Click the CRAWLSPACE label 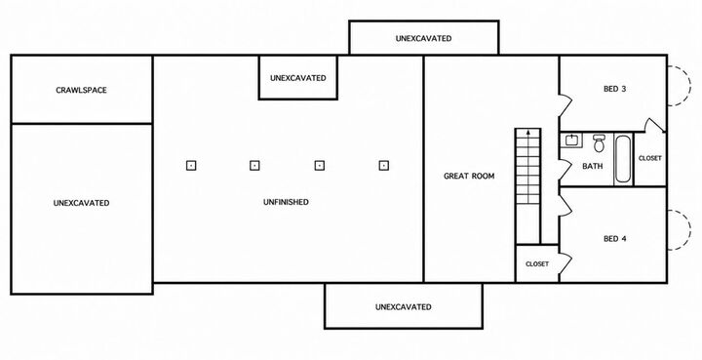tap(82, 90)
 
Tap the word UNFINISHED tap(286, 202)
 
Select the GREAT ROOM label tap(469, 176)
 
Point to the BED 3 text tap(614, 89)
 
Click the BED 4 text tap(614, 239)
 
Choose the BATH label tap(593, 166)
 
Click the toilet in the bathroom tap(599, 142)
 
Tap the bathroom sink tap(571, 140)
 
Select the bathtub tap(623, 159)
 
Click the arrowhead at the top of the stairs tap(528, 133)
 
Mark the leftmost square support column tap(191, 166)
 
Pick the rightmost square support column tap(383, 166)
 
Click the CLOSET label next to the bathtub tap(649, 158)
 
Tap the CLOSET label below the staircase tap(537, 264)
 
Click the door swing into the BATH tap(565, 168)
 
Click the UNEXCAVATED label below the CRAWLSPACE tap(81, 203)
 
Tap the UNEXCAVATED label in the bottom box tap(404, 307)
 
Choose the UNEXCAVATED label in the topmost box tap(423, 38)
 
